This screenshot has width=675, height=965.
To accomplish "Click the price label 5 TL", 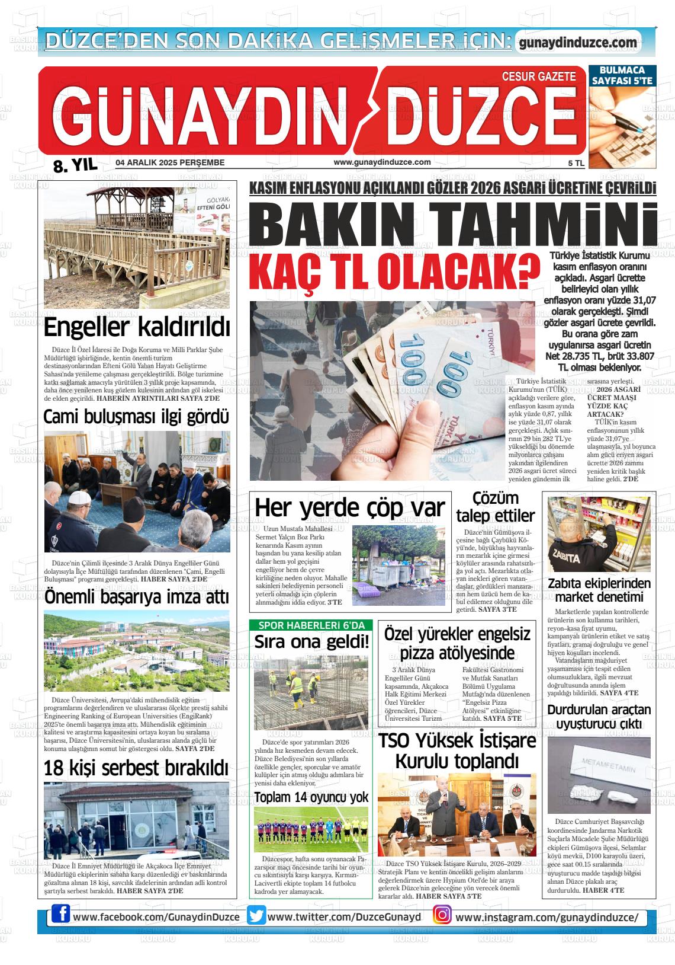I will tap(576, 162).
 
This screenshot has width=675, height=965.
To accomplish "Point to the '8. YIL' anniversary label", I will tap(75, 165).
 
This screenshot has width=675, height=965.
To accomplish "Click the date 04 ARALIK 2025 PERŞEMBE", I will tap(170, 162).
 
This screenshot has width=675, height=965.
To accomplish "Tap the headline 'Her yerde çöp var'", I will tap(349, 508).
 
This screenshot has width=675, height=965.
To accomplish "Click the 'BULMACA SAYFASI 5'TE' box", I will tap(622, 75).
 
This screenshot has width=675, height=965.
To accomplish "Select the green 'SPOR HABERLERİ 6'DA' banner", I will tap(311, 625).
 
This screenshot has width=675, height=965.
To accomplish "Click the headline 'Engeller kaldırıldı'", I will tap(137, 327).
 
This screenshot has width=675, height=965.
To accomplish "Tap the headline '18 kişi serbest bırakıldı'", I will tap(136, 768).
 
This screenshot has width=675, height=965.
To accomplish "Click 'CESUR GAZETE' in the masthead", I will tap(538, 76).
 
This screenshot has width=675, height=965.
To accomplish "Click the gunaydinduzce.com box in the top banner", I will tap(578, 43).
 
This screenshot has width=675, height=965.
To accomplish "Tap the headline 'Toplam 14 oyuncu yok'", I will tap(311, 797).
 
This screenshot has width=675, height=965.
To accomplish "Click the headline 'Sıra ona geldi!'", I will tap(311, 642).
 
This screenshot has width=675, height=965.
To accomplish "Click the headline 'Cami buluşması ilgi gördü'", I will tap(136, 417).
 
